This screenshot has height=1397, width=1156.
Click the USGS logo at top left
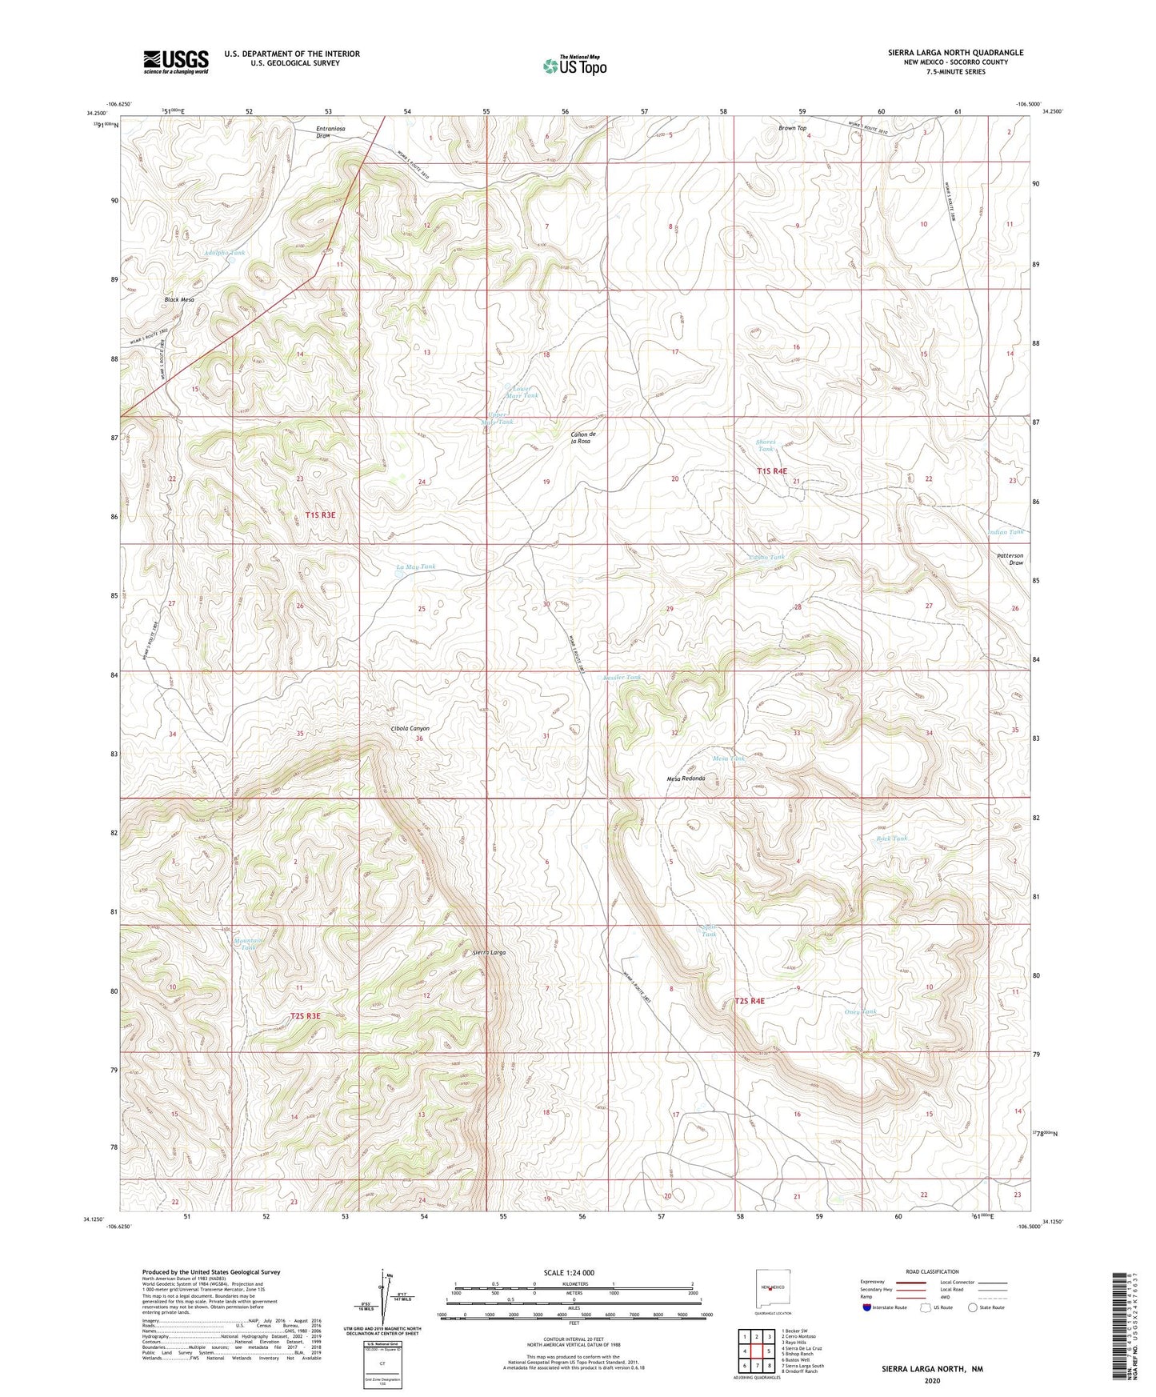[175, 62]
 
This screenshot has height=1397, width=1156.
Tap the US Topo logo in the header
[574, 66]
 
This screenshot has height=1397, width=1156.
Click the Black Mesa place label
[179, 299]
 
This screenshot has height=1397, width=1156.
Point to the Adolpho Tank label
[224, 253]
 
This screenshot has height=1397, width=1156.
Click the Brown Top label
[792, 128]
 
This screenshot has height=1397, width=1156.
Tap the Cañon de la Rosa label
[581, 438]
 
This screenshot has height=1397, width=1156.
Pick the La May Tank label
[416, 566]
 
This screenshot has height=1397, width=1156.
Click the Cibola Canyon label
[410, 728]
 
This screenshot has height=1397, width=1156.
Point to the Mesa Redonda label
[686, 779]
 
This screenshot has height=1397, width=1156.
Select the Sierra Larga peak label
[489, 953]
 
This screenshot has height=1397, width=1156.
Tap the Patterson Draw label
[1010, 558]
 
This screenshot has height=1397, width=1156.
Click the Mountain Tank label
[250, 943]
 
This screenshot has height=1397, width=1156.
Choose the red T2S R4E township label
[750, 1001]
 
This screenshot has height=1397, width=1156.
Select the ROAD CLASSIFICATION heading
[932, 1271]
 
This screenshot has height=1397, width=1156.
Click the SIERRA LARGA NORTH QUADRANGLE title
[955, 53]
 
